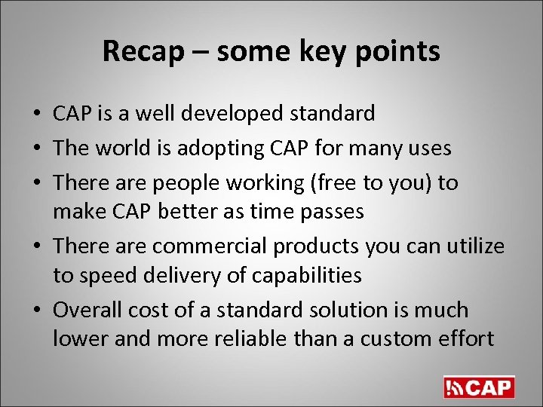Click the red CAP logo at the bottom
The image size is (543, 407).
[x=479, y=387]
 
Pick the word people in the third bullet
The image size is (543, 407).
[x=184, y=183]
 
